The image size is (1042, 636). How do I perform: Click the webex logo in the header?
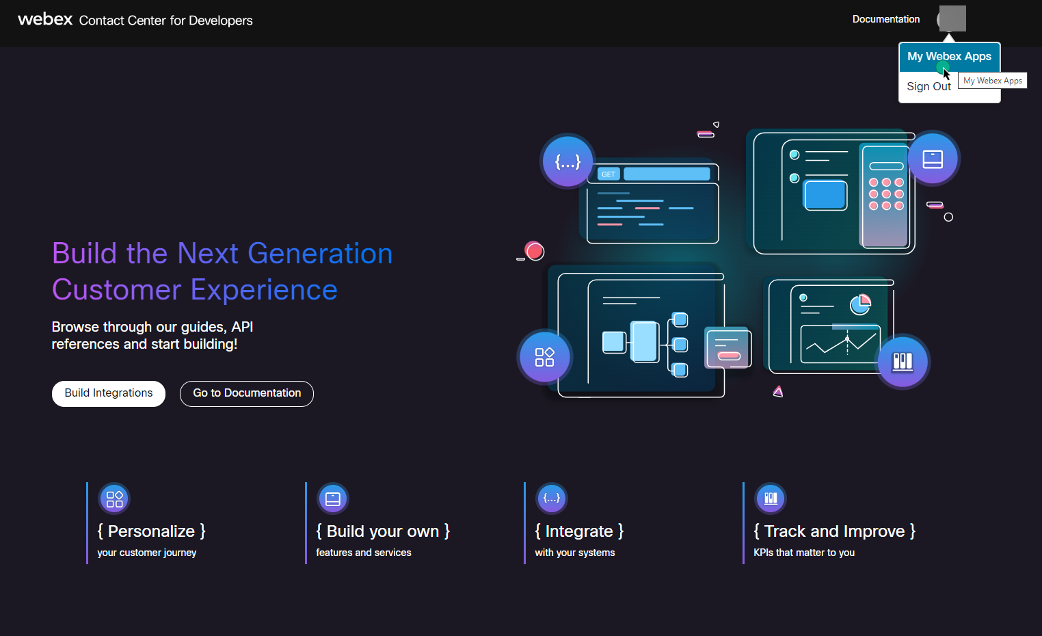tap(45, 19)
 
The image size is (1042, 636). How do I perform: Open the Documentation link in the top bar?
tap(885, 19)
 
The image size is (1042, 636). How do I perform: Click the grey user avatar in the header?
tap(952, 18)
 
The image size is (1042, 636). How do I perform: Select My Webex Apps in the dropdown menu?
tap(949, 57)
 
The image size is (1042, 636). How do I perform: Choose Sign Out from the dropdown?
tap(929, 86)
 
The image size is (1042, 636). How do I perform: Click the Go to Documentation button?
tap(247, 393)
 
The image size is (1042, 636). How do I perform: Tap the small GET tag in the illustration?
tap(609, 174)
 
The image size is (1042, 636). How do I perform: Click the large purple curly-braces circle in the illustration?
tap(567, 161)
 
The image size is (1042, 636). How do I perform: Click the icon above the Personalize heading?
tap(114, 499)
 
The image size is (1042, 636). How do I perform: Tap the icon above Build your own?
tap(333, 499)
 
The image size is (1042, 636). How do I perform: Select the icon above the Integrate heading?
tap(552, 499)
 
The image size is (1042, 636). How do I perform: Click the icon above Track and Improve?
tap(771, 499)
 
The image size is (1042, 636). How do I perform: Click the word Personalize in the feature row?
tap(151, 531)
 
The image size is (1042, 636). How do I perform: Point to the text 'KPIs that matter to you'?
tap(804, 553)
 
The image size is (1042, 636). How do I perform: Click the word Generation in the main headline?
tap(319, 254)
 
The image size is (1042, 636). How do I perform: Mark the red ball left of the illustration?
tap(535, 251)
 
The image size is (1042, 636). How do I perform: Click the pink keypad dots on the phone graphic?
tap(886, 194)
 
